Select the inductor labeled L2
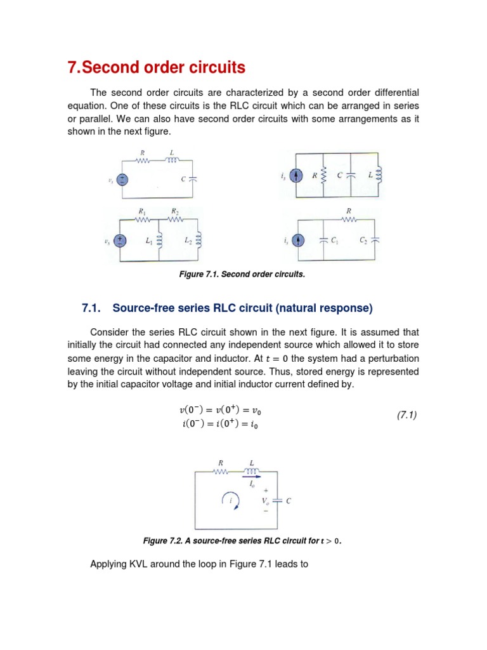tap(198, 240)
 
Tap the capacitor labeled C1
tap(325, 240)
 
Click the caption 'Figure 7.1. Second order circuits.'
tap(243, 274)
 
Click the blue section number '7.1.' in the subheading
tap(93, 308)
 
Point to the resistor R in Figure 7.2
tap(221, 472)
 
